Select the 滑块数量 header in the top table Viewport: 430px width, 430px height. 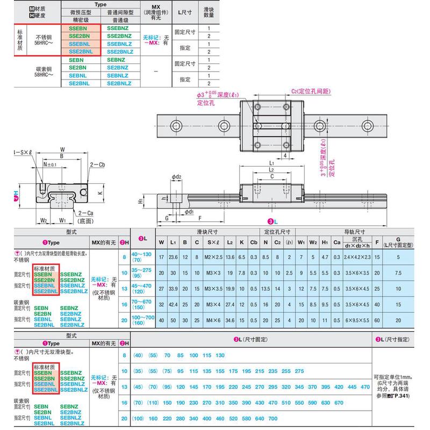207,12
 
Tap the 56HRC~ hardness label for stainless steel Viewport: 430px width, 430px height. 44,42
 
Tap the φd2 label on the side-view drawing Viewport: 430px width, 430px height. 176,176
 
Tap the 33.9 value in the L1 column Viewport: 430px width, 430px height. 173,289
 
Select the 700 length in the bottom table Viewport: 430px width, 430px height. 273,418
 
